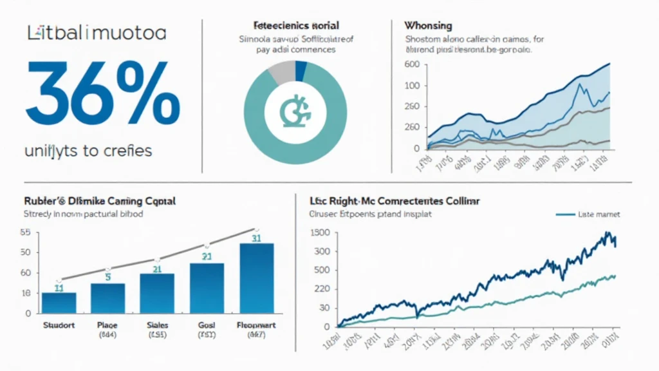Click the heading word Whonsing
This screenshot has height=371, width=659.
(x=427, y=26)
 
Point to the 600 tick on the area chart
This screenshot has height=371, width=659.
(x=412, y=64)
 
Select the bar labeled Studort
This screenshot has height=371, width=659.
(x=59, y=303)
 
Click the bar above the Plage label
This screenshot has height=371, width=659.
(x=107, y=298)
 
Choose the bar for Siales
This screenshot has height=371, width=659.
(x=156, y=293)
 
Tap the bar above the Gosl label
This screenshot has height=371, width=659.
(x=207, y=288)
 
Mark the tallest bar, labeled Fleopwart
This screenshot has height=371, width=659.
(x=256, y=278)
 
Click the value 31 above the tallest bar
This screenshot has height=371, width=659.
(x=256, y=238)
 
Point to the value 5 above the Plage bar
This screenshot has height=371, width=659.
(x=108, y=278)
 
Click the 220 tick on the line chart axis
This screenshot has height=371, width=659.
(x=320, y=289)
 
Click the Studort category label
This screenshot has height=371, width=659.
(x=59, y=325)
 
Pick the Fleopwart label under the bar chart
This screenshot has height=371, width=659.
(x=256, y=325)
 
